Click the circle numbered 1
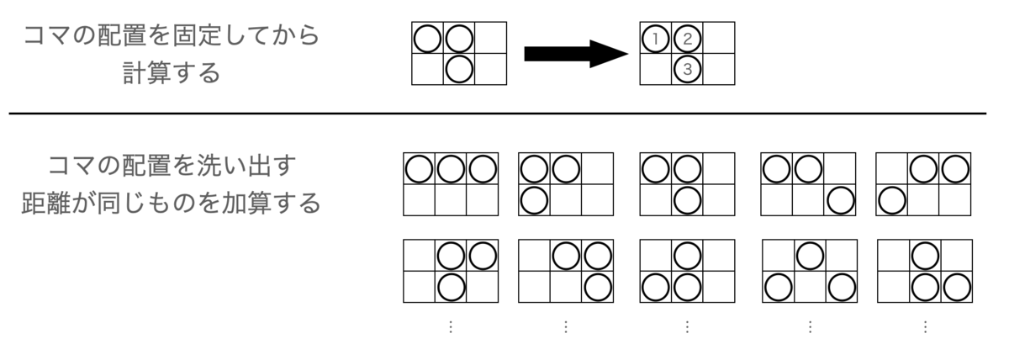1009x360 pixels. click(655, 39)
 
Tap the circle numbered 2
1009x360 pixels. click(688, 39)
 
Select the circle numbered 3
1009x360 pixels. click(688, 69)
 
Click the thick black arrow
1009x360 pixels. click(576, 54)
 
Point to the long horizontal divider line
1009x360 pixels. click(497, 114)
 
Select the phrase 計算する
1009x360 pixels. click(172, 73)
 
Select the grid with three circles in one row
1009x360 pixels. click(451, 184)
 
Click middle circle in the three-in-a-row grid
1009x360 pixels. click(451, 169)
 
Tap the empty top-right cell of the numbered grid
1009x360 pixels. click(719, 38)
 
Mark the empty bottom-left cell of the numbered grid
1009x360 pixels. click(656, 69)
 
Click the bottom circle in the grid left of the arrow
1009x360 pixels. click(459, 69)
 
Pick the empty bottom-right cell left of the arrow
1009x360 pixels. click(490, 69)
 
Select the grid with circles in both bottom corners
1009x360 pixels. click(810, 271)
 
